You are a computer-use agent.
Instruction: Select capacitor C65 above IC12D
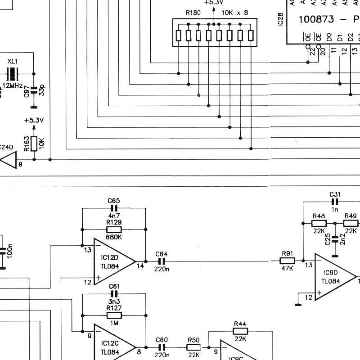[114, 208]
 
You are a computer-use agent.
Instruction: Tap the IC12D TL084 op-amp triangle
[112, 261]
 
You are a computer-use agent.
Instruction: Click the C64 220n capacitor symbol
[161, 261]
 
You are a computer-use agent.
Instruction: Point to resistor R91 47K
[288, 261]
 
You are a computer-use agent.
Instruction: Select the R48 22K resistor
[319, 223]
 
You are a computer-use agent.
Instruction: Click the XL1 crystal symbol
[12, 73]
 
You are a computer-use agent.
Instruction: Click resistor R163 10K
[34, 144]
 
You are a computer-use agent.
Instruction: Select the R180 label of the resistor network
[193, 13]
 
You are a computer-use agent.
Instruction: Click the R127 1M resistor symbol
[114, 315]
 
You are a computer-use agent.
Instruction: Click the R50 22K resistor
[193, 347]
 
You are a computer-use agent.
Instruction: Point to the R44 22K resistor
[240, 331]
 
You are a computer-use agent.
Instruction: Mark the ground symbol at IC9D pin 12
[298, 304]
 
